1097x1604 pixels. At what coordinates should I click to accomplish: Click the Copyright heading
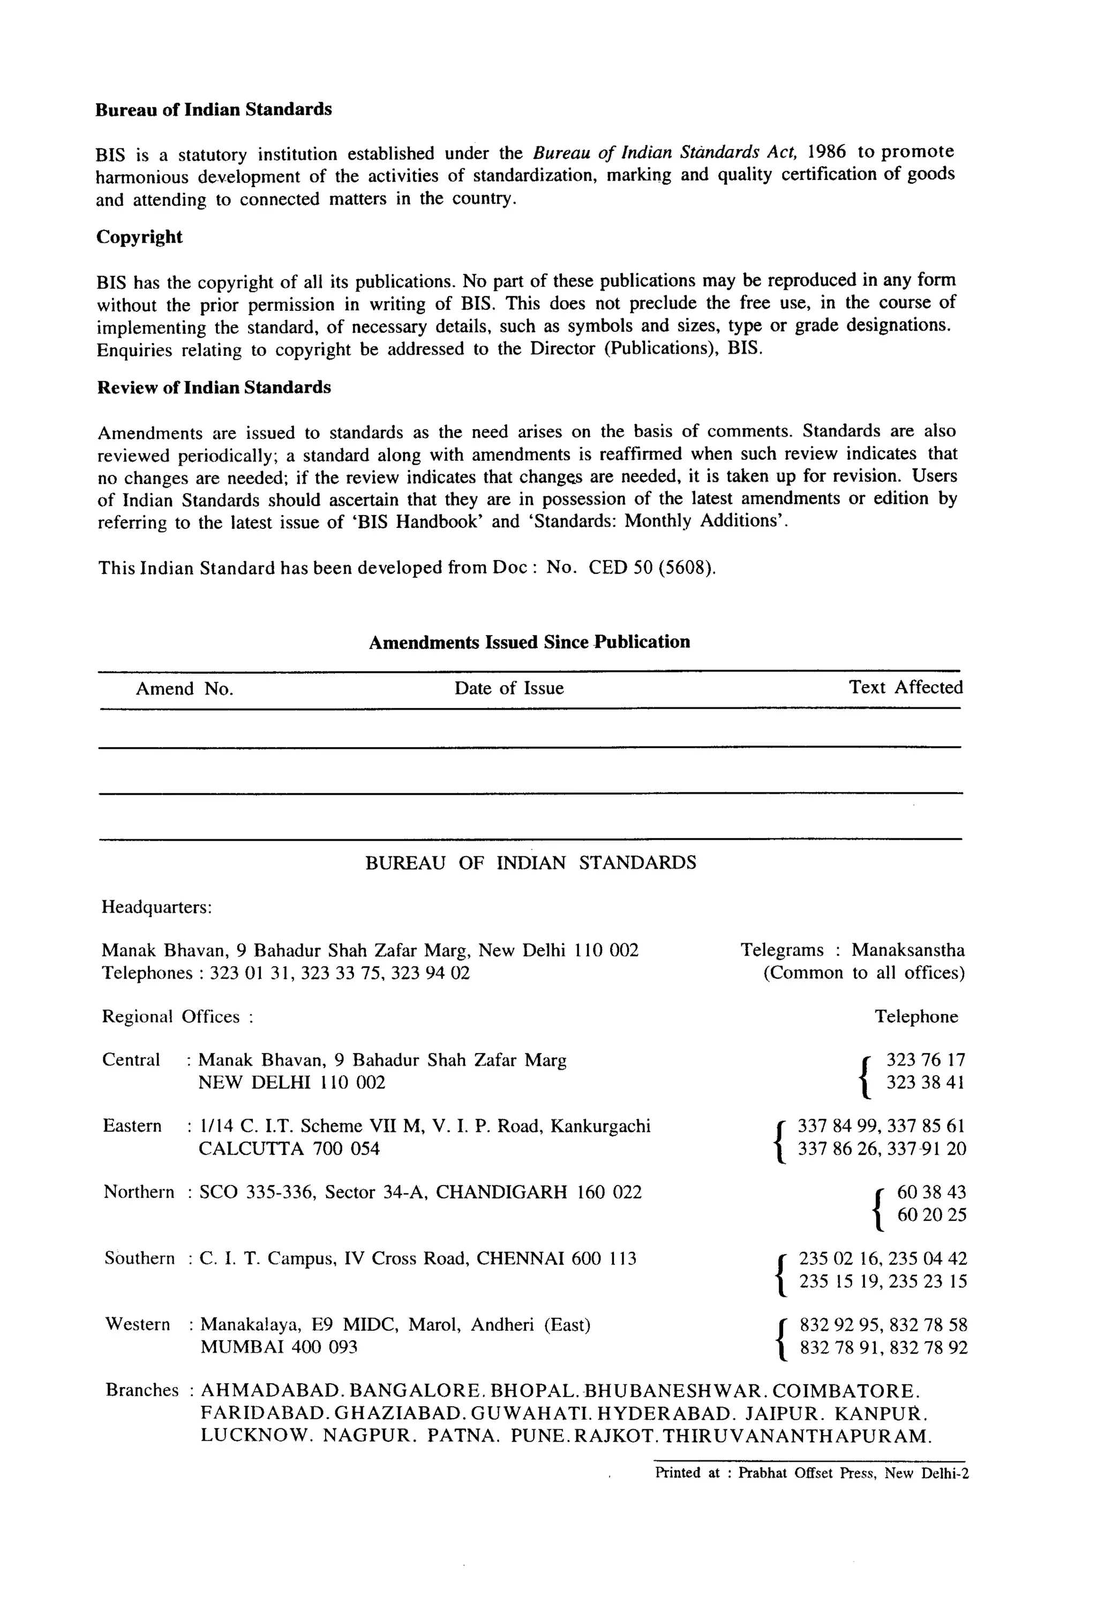point(139,237)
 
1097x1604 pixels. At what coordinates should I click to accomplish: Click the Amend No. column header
point(184,689)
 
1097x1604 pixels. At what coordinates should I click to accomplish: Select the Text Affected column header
point(905,688)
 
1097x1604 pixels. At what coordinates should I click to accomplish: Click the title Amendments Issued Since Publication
point(529,642)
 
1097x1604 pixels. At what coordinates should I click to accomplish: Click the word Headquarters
point(156,906)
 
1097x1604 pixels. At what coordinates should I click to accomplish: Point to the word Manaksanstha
point(908,950)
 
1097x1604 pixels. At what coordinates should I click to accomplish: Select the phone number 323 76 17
point(925,1060)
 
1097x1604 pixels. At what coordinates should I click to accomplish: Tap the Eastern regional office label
point(132,1126)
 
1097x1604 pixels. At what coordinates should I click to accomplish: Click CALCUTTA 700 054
point(289,1148)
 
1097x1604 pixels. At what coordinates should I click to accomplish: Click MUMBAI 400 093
point(279,1347)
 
